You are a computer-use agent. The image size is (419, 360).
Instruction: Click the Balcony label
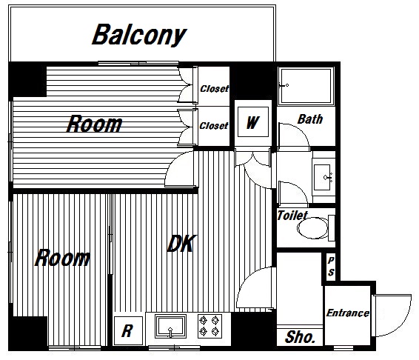(139, 35)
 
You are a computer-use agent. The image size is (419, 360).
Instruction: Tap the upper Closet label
(214, 89)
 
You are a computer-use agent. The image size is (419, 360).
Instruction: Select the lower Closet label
(214, 125)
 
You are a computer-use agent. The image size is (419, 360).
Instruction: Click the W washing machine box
(253, 122)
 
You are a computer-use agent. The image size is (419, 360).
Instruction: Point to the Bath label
(310, 119)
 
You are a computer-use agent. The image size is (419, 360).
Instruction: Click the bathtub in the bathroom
(306, 86)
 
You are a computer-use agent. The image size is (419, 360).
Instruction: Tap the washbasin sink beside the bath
(323, 177)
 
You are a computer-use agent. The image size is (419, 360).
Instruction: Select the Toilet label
(292, 216)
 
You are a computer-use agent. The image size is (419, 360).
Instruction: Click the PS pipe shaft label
(331, 266)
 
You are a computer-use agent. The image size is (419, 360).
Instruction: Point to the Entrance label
(348, 313)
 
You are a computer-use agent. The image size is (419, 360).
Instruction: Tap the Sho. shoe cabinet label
(300, 337)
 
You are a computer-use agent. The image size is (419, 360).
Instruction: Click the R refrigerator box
(128, 330)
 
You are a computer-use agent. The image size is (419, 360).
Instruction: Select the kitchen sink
(170, 327)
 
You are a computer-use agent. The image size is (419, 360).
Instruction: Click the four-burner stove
(209, 326)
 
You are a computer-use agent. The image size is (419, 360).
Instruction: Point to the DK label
(181, 244)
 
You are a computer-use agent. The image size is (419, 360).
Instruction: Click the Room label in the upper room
(94, 124)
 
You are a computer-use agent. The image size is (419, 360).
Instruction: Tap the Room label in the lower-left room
(62, 258)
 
